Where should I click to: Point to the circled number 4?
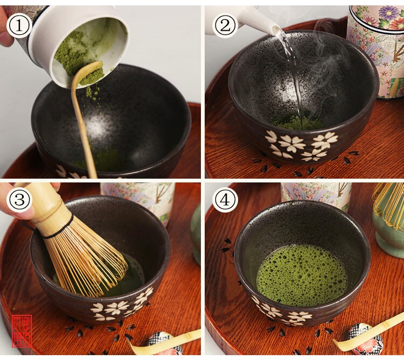point(225,200)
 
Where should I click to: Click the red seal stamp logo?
point(22,330)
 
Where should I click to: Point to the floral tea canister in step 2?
point(377,48)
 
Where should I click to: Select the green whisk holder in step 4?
point(389,237)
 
